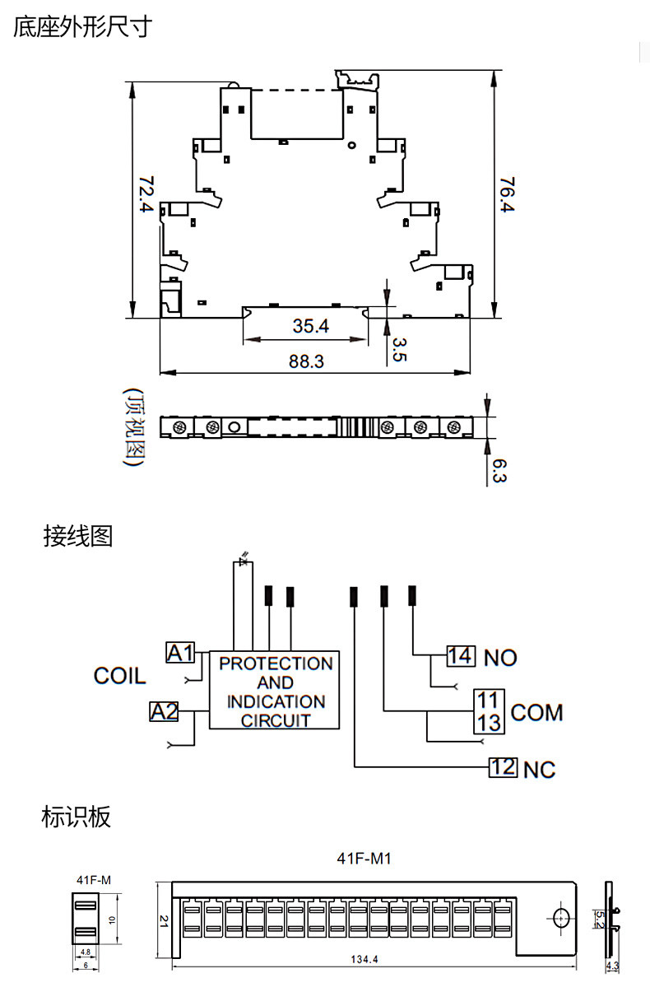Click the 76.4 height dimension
507,195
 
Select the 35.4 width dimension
310,326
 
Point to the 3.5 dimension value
399,349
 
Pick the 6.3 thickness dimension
499,471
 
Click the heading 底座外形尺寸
82,26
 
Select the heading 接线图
77,537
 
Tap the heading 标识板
76,817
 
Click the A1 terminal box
181,653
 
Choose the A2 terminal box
164,711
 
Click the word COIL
119,677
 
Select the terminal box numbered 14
461,656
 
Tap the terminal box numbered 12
503,768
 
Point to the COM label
536,712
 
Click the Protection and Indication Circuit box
275,691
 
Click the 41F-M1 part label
363,859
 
